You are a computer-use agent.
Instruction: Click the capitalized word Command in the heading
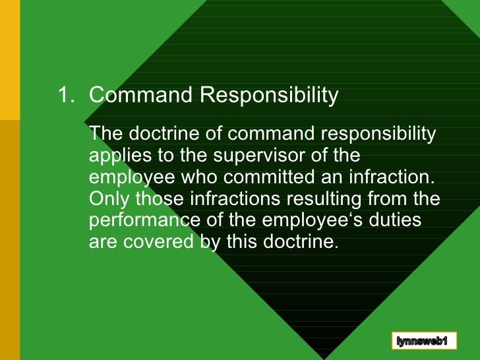click(x=140, y=96)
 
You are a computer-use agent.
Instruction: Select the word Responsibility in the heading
click(x=268, y=96)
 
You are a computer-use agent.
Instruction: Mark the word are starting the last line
click(x=103, y=241)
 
